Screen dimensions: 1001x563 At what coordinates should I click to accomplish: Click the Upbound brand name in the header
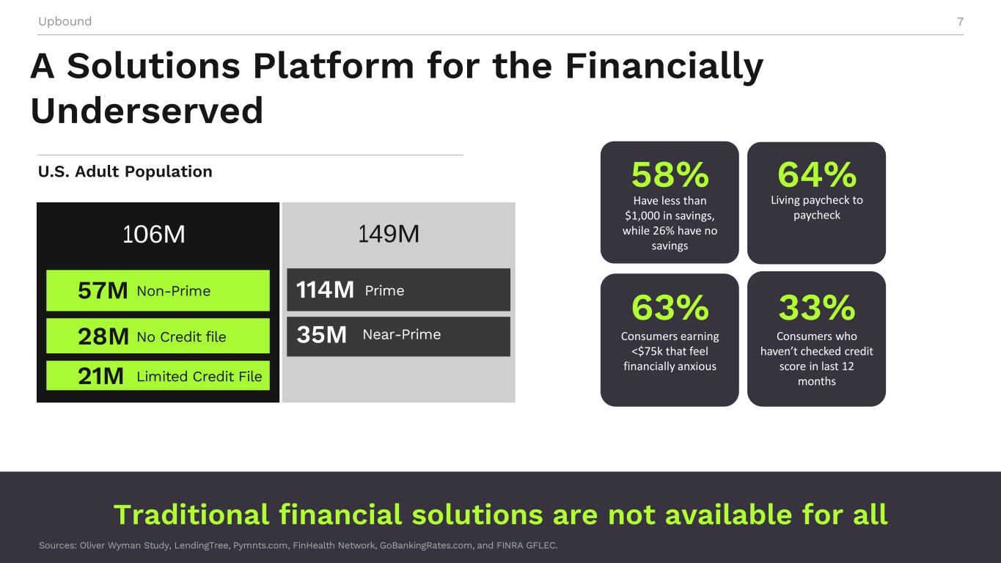pos(65,21)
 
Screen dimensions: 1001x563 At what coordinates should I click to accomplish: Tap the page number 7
pos(960,21)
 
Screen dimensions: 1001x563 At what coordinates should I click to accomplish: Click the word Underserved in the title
pos(147,111)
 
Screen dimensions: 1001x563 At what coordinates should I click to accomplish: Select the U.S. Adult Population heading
pos(125,171)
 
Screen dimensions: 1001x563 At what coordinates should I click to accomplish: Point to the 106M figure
pos(154,234)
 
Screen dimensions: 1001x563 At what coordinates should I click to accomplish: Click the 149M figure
pos(389,234)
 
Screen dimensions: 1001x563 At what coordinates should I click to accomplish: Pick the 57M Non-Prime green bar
pos(158,290)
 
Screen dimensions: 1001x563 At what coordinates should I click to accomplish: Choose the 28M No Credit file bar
pos(158,336)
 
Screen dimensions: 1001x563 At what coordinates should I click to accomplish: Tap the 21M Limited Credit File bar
pos(158,375)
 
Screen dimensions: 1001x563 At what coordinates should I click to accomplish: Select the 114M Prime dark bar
pos(398,290)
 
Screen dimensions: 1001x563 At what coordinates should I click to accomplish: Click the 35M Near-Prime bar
pos(398,336)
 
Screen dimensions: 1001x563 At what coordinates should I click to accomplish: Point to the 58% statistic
pos(670,174)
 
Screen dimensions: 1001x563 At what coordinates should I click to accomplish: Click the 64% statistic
pos(817,174)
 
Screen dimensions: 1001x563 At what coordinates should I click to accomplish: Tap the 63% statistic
pos(670,307)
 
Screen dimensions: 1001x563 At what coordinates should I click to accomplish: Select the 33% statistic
pos(817,307)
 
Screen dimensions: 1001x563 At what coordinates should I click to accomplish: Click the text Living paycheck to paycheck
pos(817,207)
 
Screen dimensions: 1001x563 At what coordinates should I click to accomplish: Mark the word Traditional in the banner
pos(191,515)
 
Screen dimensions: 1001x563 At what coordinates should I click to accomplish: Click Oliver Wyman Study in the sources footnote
pos(125,545)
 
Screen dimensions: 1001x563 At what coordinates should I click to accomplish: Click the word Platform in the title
pos(334,66)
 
